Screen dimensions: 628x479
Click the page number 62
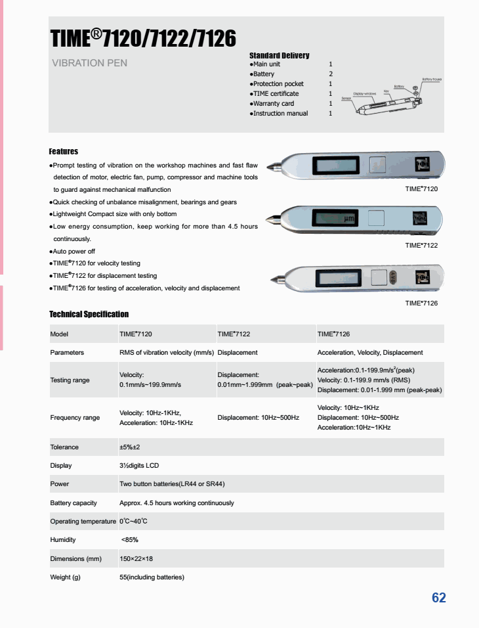coord(438,597)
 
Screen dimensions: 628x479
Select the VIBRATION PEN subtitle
coord(89,63)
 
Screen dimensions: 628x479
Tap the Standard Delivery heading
coord(279,55)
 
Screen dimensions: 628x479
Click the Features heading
coord(64,151)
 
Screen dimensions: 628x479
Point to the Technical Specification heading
coord(89,314)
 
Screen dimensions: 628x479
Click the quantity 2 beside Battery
coord(331,74)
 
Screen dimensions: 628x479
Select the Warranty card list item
coord(274,103)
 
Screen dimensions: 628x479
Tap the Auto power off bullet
coord(74,251)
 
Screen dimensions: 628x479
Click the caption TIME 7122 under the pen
coord(421,245)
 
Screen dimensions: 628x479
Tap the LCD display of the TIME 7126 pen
coord(337,278)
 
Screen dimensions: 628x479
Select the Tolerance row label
coord(64,447)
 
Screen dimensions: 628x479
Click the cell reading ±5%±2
coord(129,447)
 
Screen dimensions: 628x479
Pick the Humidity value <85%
coord(129,539)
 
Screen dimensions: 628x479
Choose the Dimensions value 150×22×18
coord(136,558)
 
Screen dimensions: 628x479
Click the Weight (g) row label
coord(65,577)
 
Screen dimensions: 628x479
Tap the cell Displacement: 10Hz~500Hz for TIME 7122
coord(258,417)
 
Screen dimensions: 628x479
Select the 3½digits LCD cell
coord(139,465)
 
